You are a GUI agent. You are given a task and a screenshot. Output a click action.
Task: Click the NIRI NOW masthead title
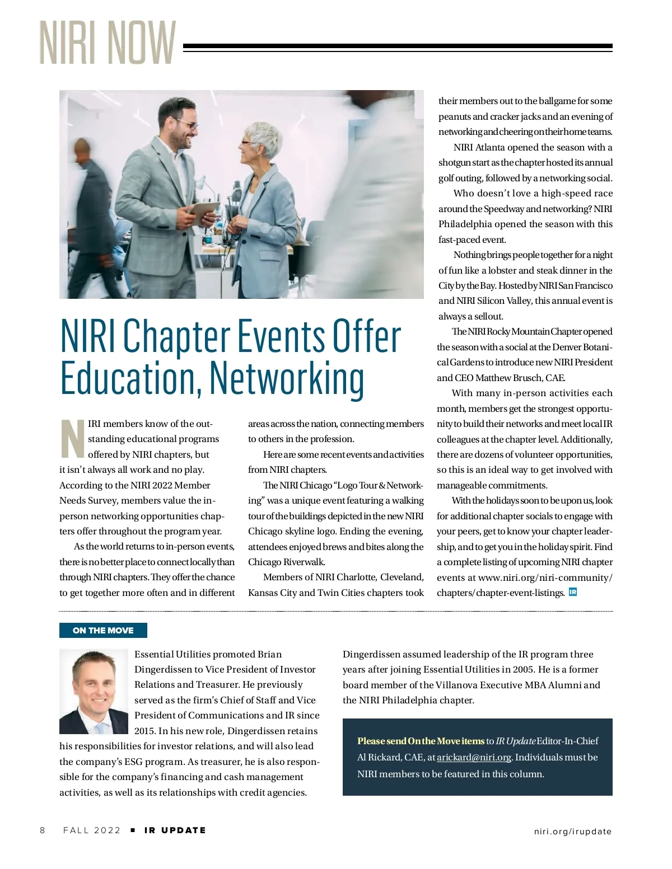coord(108,43)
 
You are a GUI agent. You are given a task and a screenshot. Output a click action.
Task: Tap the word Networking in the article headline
coord(287,379)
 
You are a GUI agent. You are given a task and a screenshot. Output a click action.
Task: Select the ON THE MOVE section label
coord(103,630)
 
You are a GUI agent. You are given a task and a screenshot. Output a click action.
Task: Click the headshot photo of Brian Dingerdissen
coord(94,691)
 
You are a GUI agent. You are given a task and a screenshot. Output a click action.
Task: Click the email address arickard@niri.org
coord(474,757)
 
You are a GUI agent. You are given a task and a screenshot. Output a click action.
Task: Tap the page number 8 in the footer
coord(43,830)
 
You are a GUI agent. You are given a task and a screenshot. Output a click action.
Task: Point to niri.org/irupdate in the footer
coord(572,831)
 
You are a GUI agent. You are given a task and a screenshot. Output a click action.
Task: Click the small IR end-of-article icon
coord(572,592)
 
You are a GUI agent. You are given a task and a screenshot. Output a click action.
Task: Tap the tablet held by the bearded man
coord(204,214)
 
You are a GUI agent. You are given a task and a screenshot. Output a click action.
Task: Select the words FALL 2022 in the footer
coord(92,830)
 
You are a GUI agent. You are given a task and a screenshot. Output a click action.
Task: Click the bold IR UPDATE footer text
coord(175,830)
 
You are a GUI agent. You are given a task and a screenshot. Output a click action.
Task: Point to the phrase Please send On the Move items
coord(421,741)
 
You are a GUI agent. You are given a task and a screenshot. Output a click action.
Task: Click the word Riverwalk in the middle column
coord(304,562)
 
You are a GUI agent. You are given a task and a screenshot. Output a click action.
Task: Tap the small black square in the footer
coord(133,830)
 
